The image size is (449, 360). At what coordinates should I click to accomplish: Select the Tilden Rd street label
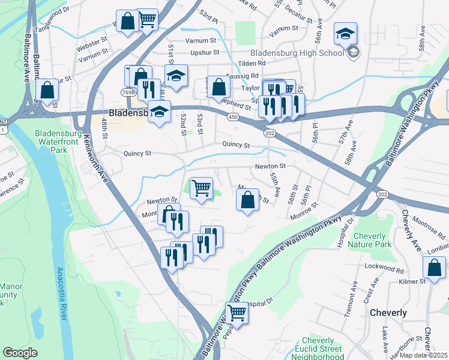click(252, 63)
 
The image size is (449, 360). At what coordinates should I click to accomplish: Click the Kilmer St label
click(413, 280)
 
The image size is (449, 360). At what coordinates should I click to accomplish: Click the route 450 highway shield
click(232, 117)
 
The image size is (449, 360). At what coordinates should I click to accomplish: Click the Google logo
click(20, 353)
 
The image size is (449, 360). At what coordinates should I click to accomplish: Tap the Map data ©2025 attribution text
click(423, 355)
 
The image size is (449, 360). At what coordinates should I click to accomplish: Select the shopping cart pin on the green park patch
click(201, 188)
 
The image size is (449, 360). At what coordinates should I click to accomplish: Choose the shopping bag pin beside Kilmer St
click(434, 268)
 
